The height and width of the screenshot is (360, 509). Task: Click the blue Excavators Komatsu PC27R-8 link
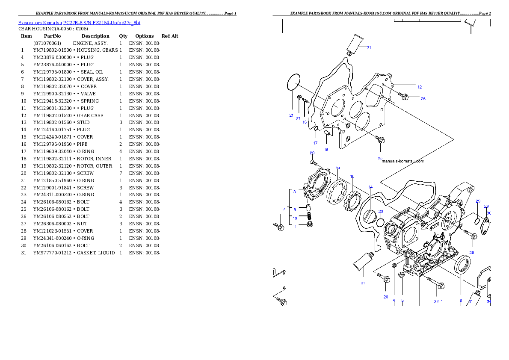coord(79,22)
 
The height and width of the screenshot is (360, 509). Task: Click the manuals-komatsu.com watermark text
coord(402,161)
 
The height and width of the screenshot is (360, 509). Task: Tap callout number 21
coord(291,115)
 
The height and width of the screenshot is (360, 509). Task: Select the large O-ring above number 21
coord(293,82)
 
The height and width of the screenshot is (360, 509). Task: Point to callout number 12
coord(420,87)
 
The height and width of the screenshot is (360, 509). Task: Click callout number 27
coord(298,118)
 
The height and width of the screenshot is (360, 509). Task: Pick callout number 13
coord(305,122)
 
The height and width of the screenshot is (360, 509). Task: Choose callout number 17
coord(315,143)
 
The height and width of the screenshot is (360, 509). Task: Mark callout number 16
coord(326,150)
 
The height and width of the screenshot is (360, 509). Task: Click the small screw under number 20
coord(313,162)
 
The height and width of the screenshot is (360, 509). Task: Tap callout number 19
coord(337,168)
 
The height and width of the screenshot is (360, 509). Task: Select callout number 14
coord(370,187)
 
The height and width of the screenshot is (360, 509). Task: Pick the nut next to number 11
coord(310,225)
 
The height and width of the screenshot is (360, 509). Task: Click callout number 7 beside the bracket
coord(284,209)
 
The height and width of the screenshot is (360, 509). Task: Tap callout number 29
coord(478,201)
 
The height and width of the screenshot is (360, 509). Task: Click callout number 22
coord(436,301)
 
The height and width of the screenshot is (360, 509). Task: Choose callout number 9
coord(294,210)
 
